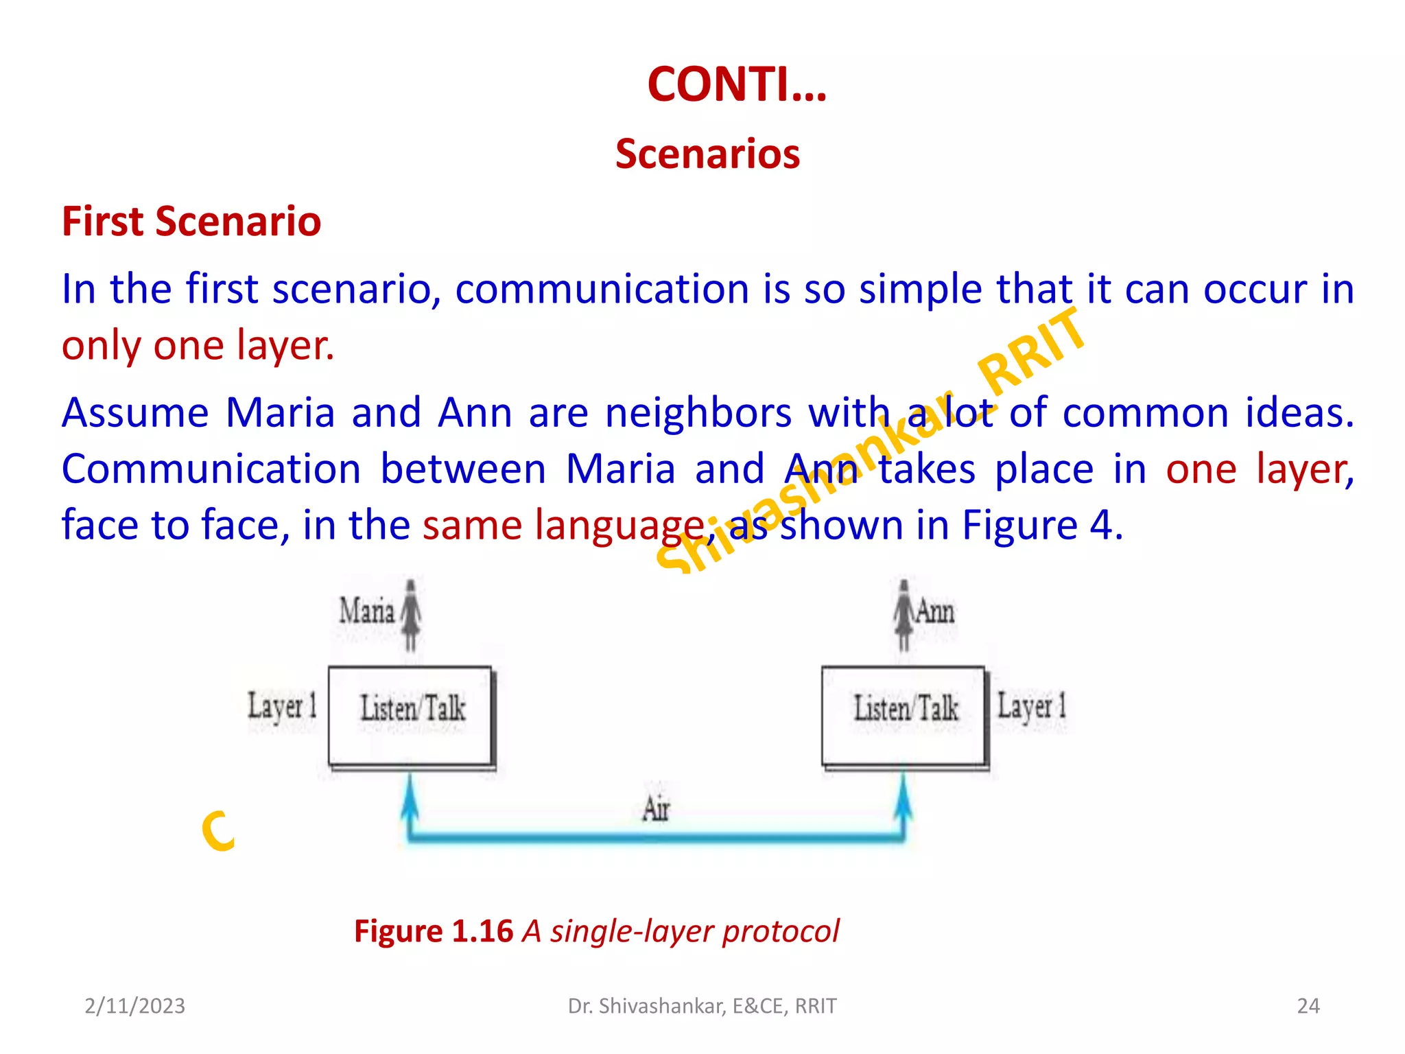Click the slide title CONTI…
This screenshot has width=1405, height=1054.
[x=737, y=84]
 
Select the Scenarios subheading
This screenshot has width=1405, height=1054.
[x=707, y=154]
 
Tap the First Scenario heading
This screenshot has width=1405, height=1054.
[x=191, y=222]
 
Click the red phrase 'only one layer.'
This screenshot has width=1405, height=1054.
[x=198, y=345]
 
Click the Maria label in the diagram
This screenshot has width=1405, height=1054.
[x=367, y=610]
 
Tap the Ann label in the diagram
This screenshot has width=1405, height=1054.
[x=935, y=611]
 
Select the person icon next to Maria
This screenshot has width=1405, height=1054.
[x=411, y=614]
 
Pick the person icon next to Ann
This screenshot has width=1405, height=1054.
[x=904, y=614]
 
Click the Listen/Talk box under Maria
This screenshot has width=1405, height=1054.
[x=411, y=715]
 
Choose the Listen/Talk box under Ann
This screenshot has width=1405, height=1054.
[x=904, y=715]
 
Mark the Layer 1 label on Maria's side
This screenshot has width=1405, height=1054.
[x=282, y=706]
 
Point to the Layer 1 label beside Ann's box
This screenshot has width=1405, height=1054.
[x=1032, y=706]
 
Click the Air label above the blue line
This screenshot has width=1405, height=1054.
[x=656, y=808]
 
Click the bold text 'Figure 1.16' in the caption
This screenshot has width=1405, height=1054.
[x=434, y=931]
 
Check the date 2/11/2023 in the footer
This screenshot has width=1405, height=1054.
[x=135, y=1006]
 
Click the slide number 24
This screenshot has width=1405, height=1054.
[x=1308, y=1006]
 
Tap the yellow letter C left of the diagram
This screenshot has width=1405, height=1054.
[x=219, y=831]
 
